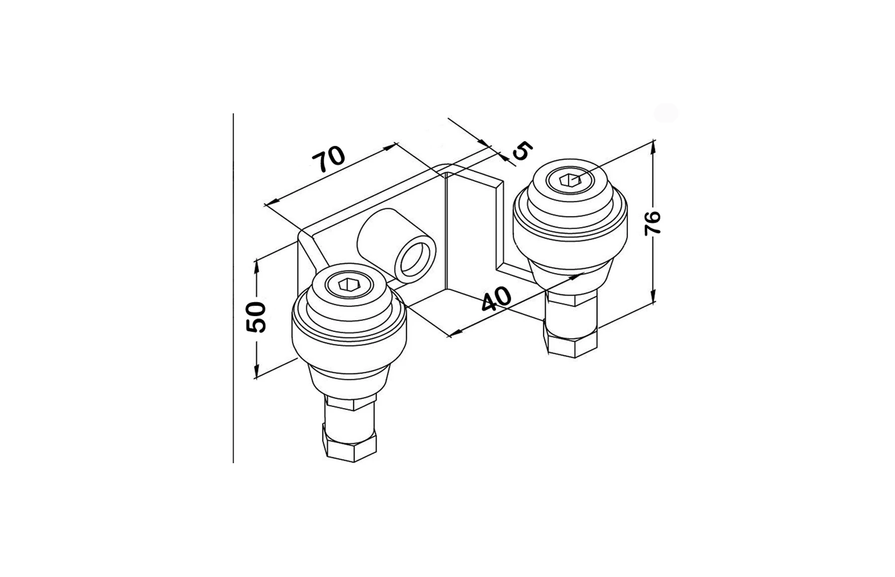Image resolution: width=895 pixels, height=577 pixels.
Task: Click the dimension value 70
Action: [328, 159]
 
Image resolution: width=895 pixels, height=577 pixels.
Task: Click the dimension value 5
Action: [523, 151]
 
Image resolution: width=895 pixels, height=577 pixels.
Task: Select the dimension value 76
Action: [653, 222]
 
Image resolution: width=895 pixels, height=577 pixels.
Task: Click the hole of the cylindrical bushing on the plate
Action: [413, 259]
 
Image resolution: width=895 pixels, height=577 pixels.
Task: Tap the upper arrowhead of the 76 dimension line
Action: [653, 146]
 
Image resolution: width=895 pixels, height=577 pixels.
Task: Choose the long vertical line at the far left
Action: [233, 288]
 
